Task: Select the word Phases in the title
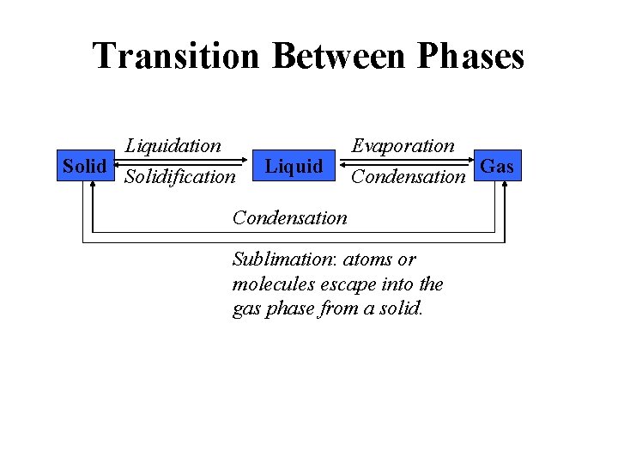point(470,57)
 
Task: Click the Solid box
point(84,166)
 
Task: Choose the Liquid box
point(294,166)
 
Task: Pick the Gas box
point(498,166)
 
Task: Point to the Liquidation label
point(173,145)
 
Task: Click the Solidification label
point(179,177)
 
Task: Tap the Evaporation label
point(403,145)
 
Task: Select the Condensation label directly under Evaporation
point(408,177)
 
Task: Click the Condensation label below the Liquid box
point(290,217)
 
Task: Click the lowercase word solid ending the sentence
point(401,309)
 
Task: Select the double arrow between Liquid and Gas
point(409,162)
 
